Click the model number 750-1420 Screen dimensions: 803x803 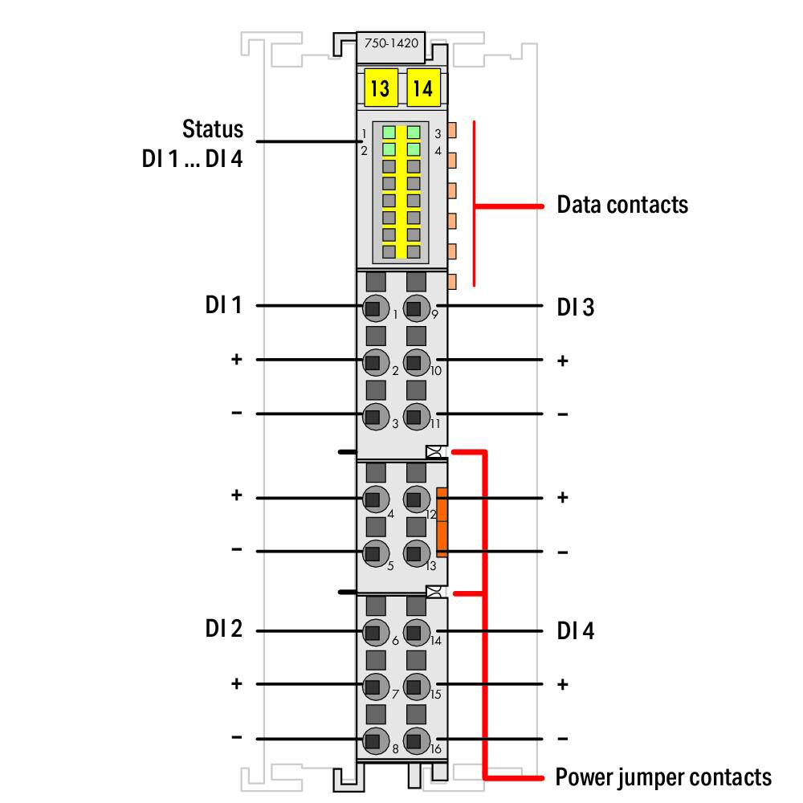(x=391, y=43)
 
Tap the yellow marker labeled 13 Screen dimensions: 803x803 (x=381, y=88)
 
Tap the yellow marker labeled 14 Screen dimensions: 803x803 (x=423, y=88)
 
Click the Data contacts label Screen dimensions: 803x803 (x=622, y=204)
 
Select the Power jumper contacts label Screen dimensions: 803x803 (x=663, y=777)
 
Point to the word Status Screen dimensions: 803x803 (x=213, y=129)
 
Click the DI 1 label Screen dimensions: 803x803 (x=223, y=304)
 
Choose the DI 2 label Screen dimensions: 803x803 (x=223, y=629)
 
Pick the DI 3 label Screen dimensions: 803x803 (x=576, y=308)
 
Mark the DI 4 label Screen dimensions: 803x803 (x=576, y=631)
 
